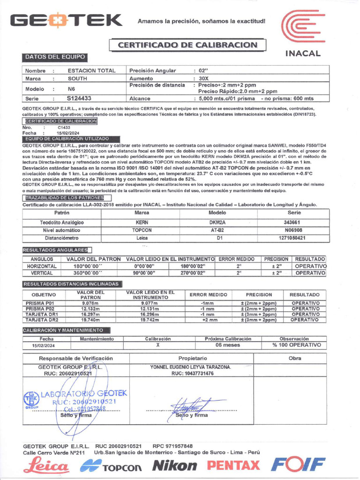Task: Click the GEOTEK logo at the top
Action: pos(67,21)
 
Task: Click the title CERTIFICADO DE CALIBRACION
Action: pos(187,45)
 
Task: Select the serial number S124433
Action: pos(79,98)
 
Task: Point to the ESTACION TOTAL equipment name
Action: pos(91,71)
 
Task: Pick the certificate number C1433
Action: pos(64,127)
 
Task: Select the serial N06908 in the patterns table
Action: pos(293,230)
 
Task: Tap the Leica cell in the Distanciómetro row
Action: pos(142,238)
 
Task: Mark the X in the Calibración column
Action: pos(157,345)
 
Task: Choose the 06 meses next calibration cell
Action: pos(228,345)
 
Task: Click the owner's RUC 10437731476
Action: pos(192,374)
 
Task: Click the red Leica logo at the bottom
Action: pos(47,465)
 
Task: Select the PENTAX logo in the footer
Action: pos(233,465)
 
